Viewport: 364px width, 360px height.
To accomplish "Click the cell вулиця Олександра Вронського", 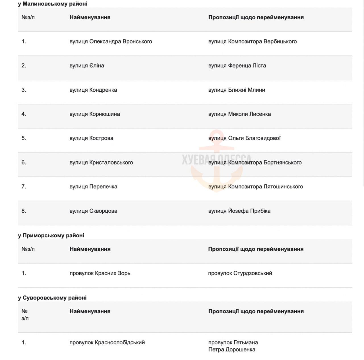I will click(x=111, y=42).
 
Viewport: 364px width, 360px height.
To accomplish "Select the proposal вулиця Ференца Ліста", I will click(x=237, y=66).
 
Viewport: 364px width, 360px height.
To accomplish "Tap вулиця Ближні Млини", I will click(x=236, y=90).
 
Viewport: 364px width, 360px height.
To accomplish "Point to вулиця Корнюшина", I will click(x=94, y=114).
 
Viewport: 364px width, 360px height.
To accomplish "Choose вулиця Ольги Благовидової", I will click(x=244, y=138).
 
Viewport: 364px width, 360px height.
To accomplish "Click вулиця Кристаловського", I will click(x=101, y=162).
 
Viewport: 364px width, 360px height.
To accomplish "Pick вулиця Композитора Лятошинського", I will click(x=255, y=187).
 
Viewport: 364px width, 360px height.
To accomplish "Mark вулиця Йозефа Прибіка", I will click(x=239, y=211).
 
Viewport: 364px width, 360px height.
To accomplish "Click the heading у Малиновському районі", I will click(x=53, y=4).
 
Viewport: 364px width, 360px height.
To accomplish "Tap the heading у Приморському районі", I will click(x=51, y=236).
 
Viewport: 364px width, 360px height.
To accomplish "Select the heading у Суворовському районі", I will click(x=52, y=298).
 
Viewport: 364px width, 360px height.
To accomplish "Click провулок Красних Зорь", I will click(x=100, y=273).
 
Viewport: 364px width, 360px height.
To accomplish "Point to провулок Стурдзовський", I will click(x=240, y=273).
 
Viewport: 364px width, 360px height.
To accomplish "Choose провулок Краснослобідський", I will click(x=107, y=343).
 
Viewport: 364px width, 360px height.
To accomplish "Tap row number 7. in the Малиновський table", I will click(x=24, y=187).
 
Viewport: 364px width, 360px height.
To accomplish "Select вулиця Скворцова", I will click(x=93, y=211).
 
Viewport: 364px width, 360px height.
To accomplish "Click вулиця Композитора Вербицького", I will click(x=252, y=42).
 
